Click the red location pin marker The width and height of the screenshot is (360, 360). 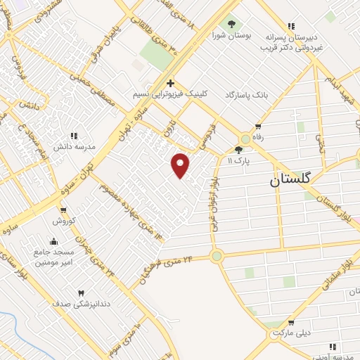[181, 165]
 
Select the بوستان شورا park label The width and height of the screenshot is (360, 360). [230, 36]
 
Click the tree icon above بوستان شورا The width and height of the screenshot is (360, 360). [231, 25]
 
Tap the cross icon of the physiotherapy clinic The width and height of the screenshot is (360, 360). [170, 82]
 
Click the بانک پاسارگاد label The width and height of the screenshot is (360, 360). [247, 94]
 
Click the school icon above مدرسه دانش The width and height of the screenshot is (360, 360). [73, 136]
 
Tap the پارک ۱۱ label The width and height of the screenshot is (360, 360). [239, 161]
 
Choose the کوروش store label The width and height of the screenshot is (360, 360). [63, 221]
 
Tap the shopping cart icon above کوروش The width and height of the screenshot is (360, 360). [63, 210]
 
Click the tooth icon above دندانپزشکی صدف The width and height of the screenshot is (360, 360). [80, 292]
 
